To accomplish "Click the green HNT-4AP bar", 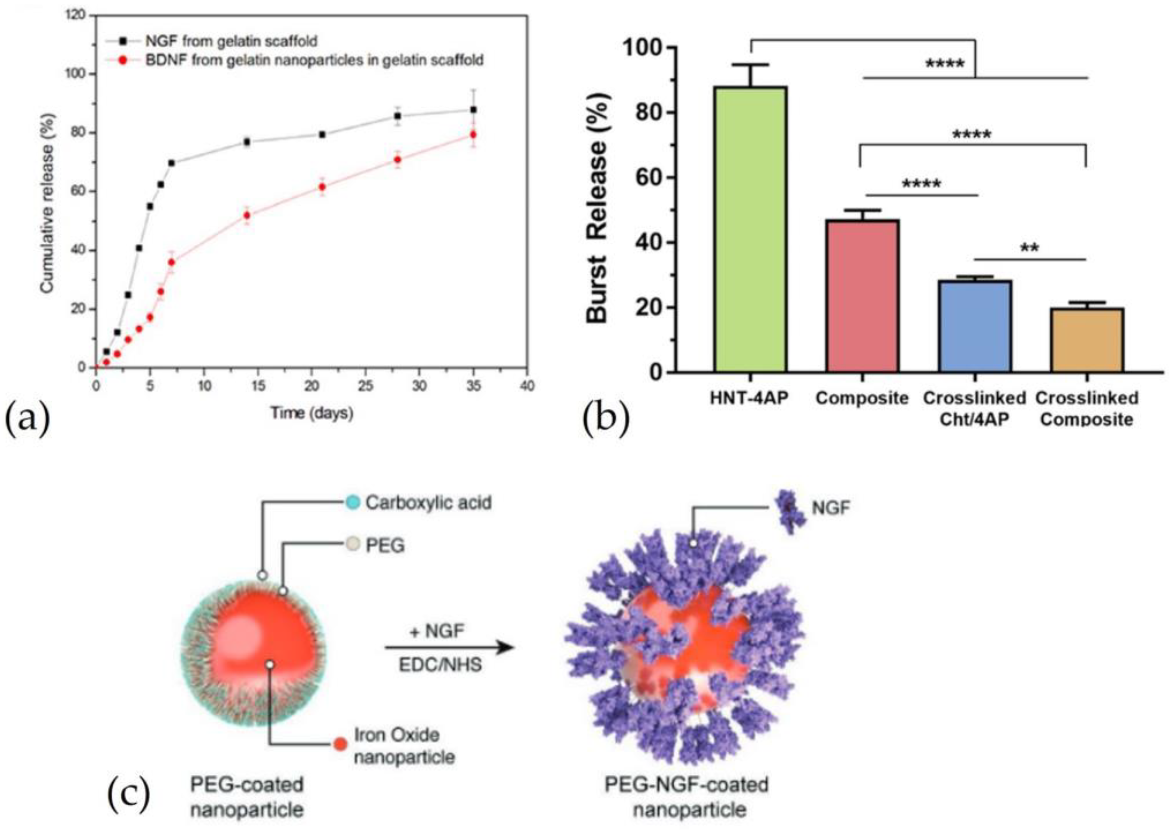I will point(750,230).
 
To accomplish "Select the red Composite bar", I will point(862,296).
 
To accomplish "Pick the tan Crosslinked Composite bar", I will point(1086,340).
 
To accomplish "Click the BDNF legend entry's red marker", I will point(122,60).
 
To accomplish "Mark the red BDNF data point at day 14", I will point(247,215).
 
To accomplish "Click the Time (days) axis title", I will point(312,413).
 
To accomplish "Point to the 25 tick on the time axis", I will point(366,386).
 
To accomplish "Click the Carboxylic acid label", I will point(428,503).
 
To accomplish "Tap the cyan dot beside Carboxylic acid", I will point(352,503).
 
